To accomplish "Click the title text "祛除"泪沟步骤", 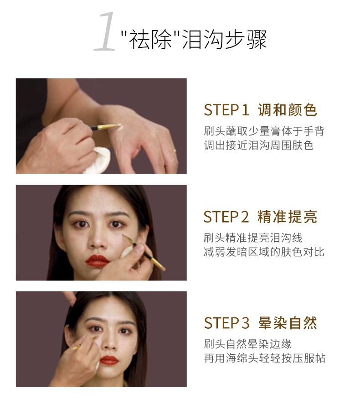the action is [x=194, y=39].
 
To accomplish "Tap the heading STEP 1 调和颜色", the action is [x=260, y=110].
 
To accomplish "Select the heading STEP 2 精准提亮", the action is [x=260, y=217].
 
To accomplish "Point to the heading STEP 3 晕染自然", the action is [x=260, y=323].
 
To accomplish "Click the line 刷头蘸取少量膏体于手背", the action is [x=264, y=131].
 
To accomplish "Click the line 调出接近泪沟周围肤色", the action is [x=258, y=145].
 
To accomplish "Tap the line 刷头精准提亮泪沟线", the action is [x=253, y=238].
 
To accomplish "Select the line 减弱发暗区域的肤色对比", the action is [x=264, y=252].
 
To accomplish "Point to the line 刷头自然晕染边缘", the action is [x=247, y=344].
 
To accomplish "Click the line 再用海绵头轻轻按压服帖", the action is [x=264, y=358].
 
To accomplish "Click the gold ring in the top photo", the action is [x=175, y=151].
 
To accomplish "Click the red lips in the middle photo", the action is [x=97, y=260].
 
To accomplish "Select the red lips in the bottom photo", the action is [x=109, y=360].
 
